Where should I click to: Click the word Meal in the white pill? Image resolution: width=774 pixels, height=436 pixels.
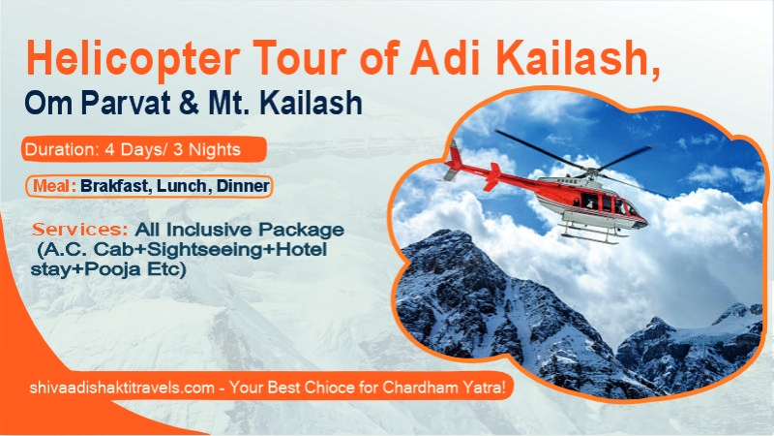tap(56, 184)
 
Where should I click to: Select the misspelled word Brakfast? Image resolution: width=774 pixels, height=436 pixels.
tap(119, 184)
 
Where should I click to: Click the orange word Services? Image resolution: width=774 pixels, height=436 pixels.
tap(81, 231)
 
